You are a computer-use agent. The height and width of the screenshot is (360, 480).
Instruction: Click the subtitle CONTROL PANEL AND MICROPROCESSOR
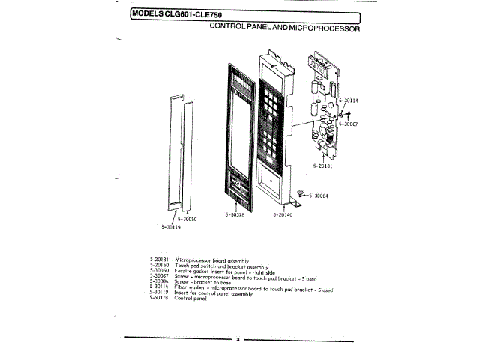tap(285, 28)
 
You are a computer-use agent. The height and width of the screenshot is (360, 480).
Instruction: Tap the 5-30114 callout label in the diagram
tap(349, 100)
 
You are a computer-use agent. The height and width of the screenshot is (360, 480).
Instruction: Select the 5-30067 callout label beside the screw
tap(348, 124)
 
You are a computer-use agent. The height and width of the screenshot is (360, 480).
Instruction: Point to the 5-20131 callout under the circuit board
tap(322, 166)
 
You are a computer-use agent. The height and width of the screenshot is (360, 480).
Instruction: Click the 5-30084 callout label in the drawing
tap(320, 196)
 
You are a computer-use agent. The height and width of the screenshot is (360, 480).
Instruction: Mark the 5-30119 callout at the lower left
tap(172, 226)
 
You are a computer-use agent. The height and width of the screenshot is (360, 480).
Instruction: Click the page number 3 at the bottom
tap(238, 340)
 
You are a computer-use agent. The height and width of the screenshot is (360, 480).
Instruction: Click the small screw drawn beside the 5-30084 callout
tap(300, 193)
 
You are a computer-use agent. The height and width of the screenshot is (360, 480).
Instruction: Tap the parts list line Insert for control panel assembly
tap(213, 293)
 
